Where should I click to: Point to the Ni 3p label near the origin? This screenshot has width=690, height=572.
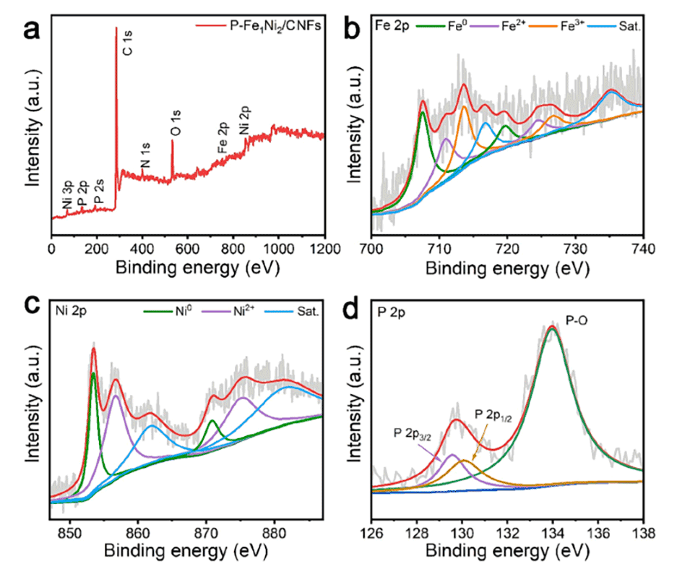[66, 197]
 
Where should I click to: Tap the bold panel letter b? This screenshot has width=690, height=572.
[358, 29]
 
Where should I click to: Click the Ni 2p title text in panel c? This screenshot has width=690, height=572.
[72, 315]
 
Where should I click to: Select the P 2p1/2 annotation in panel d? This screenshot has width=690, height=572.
[496, 413]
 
